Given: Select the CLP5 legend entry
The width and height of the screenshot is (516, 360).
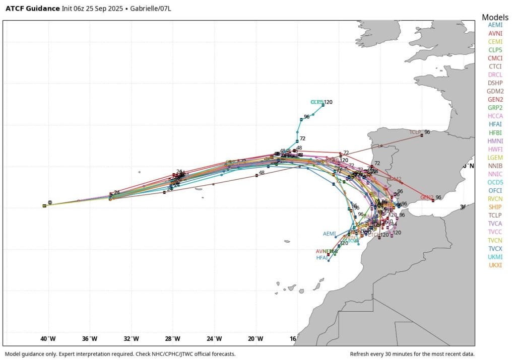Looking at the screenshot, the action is tap(495, 50).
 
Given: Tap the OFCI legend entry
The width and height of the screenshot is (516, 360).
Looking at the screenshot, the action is tap(495, 190).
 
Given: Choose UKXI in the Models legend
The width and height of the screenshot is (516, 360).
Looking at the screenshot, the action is tap(495, 265).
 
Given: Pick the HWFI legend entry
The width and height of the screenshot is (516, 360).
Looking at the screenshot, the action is tap(495, 149).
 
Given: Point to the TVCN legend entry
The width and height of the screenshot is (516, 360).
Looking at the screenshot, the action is tap(495, 240).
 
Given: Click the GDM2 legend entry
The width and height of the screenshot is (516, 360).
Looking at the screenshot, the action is tap(495, 91).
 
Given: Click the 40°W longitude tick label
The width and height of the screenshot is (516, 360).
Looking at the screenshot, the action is tap(48, 338).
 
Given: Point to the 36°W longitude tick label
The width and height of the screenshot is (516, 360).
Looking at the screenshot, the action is tap(90, 338).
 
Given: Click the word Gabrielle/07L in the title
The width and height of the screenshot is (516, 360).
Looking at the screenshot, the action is tap(147, 8).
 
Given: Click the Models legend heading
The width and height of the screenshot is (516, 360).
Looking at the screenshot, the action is tap(495, 17).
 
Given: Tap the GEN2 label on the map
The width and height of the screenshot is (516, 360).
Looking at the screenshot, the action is tap(427, 197).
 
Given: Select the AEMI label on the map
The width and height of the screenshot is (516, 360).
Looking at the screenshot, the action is tap(330, 234).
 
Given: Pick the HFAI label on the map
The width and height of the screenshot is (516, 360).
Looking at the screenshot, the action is tap(322, 258).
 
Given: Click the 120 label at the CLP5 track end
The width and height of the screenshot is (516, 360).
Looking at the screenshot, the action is tap(328, 102).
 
